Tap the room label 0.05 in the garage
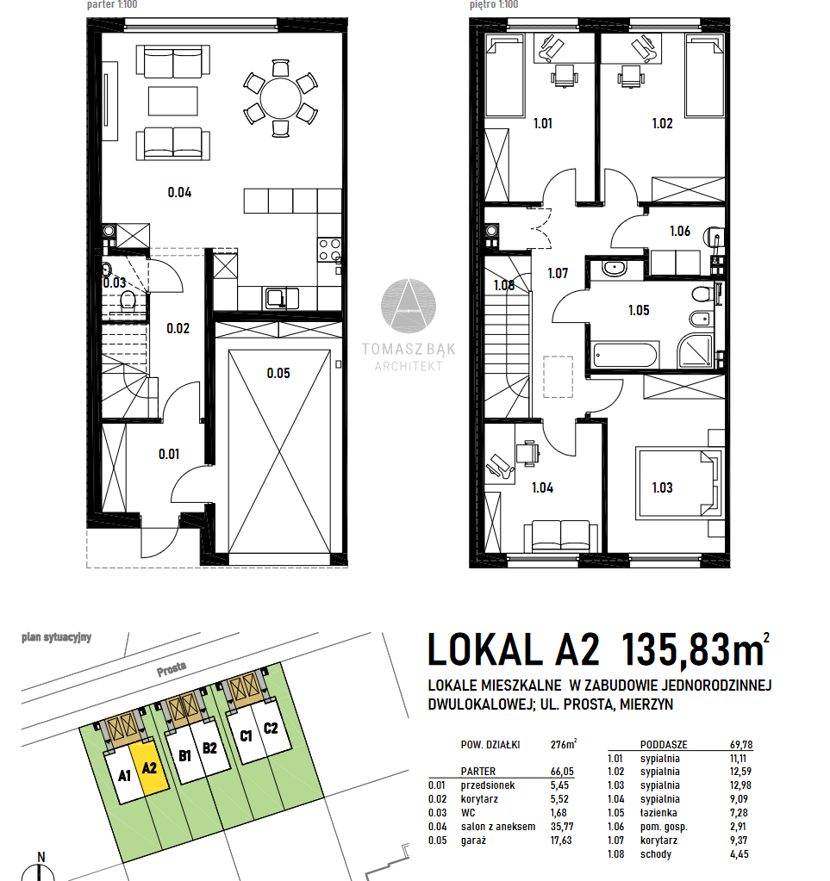278,373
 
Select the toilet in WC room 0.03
128,301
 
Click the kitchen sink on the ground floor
276,298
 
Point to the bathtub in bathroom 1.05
625,356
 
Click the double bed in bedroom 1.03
678,483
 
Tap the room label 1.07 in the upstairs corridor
558,274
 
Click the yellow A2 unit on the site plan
149,768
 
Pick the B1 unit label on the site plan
185,756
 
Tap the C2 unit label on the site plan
271,729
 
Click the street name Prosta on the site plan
172,668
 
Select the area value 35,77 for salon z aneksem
561,827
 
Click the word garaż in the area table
473,841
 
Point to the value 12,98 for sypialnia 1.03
740,785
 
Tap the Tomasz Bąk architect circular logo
409,307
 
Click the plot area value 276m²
564,744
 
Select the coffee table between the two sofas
173,101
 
